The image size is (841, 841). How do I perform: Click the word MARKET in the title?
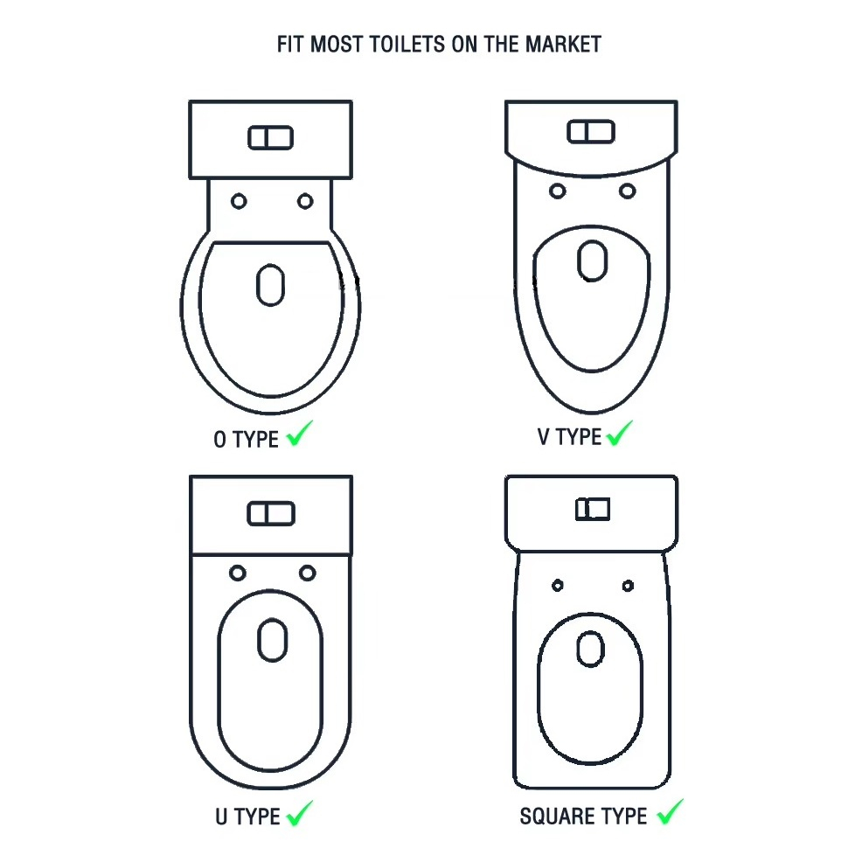pyautogui.click(x=563, y=44)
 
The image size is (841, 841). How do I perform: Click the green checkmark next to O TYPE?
pyautogui.click(x=299, y=434)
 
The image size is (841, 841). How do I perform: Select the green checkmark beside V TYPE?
pyautogui.click(x=620, y=433)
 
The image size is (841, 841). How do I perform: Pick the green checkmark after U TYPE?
pyautogui.click(x=299, y=813)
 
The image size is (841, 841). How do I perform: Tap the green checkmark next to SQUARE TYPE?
pyautogui.click(x=671, y=811)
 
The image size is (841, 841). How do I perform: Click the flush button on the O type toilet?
pyautogui.click(x=270, y=138)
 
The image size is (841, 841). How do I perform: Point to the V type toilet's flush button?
pyautogui.click(x=591, y=132)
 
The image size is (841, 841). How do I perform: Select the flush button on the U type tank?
pyautogui.click(x=271, y=514)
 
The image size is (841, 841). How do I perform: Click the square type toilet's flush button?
pyautogui.click(x=593, y=509)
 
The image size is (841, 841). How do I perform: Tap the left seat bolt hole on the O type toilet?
pyautogui.click(x=239, y=202)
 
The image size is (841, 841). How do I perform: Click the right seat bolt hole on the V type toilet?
pyautogui.click(x=628, y=191)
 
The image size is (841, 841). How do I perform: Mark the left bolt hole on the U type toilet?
pyautogui.click(x=238, y=573)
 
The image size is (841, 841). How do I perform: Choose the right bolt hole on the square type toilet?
pyautogui.click(x=628, y=586)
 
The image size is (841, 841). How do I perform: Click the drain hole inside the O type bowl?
pyautogui.click(x=270, y=285)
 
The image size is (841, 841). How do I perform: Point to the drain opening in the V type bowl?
pyautogui.click(x=593, y=261)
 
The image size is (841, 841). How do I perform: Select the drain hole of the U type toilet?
pyautogui.click(x=273, y=640)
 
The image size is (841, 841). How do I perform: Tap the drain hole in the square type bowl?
pyautogui.click(x=590, y=649)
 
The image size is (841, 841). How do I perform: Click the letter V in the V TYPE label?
pyautogui.click(x=543, y=437)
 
